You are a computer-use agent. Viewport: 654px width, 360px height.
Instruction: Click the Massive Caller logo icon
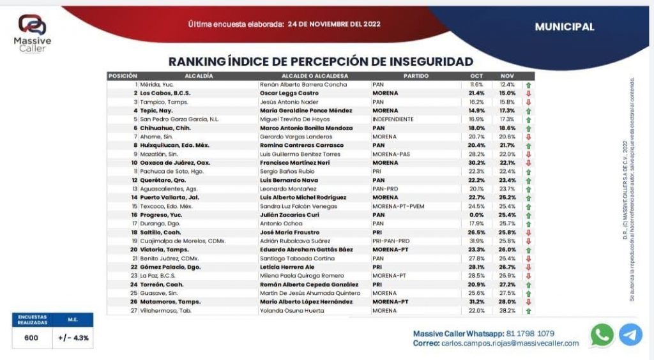coord(32,25)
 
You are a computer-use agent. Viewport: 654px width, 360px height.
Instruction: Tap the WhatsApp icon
coord(602,334)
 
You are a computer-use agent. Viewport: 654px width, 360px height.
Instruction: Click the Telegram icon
coord(630,334)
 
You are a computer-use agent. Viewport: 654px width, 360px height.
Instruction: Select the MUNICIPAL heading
coord(565,27)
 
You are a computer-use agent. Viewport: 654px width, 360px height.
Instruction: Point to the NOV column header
coord(506,76)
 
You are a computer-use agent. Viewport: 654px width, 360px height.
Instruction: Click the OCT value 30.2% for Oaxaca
coord(476,163)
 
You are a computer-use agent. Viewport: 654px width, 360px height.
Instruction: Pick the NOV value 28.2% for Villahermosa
coord(506,311)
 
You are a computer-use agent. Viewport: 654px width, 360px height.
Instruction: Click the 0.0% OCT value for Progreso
coord(476,215)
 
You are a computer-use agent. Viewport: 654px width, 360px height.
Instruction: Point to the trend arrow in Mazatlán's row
coord(528,154)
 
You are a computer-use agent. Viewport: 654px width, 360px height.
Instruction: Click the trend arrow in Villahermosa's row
coord(528,311)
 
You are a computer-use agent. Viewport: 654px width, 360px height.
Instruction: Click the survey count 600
coord(31,338)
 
